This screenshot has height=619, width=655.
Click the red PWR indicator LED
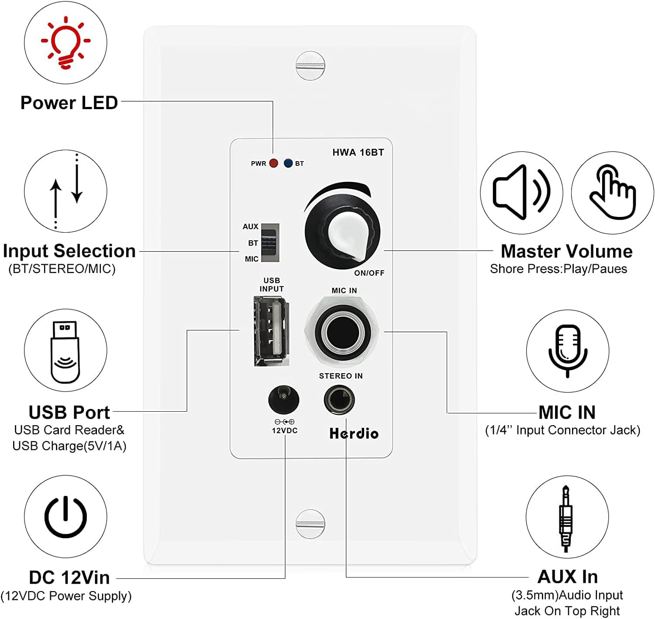click(x=273, y=163)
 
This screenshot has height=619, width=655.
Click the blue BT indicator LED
click(x=288, y=163)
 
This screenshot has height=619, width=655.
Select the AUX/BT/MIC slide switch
click(x=270, y=243)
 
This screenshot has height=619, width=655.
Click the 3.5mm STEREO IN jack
click(x=339, y=399)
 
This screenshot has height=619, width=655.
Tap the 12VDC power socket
click(x=283, y=399)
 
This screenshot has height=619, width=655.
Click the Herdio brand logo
click(x=354, y=433)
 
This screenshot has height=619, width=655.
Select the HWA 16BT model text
click(x=358, y=152)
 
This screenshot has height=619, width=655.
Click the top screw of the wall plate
click(x=310, y=66)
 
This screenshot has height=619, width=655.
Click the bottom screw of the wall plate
click(x=310, y=523)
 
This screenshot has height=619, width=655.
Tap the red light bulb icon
click(x=65, y=42)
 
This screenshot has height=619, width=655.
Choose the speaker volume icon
click(x=521, y=192)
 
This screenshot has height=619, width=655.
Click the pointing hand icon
click(x=612, y=192)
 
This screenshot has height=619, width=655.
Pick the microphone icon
click(x=567, y=351)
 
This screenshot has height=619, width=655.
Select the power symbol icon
click(x=65, y=516)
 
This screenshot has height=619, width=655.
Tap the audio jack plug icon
click(x=566, y=518)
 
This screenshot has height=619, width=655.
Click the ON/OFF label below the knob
click(x=369, y=273)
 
